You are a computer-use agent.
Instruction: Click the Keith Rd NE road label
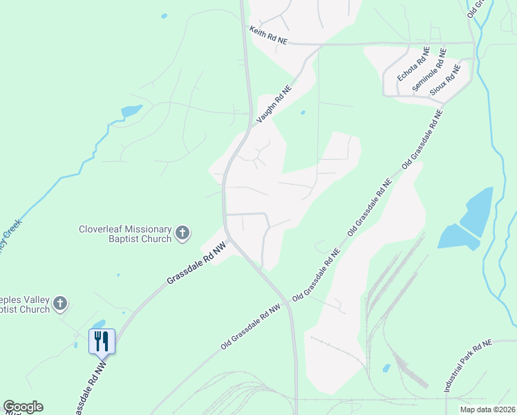point(268,36)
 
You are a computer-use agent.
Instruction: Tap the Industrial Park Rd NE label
point(467,367)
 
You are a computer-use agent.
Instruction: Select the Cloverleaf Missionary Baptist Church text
point(125,234)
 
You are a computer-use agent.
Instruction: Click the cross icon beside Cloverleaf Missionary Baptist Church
point(182,233)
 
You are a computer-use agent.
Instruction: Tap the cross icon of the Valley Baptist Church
point(60,303)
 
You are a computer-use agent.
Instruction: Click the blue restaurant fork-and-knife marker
point(102,340)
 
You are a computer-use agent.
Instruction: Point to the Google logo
point(23,407)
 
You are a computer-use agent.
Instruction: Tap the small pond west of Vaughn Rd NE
point(131,111)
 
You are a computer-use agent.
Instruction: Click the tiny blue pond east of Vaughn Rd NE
point(303,112)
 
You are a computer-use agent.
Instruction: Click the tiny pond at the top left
point(164,15)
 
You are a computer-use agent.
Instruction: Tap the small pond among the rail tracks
point(386,368)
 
